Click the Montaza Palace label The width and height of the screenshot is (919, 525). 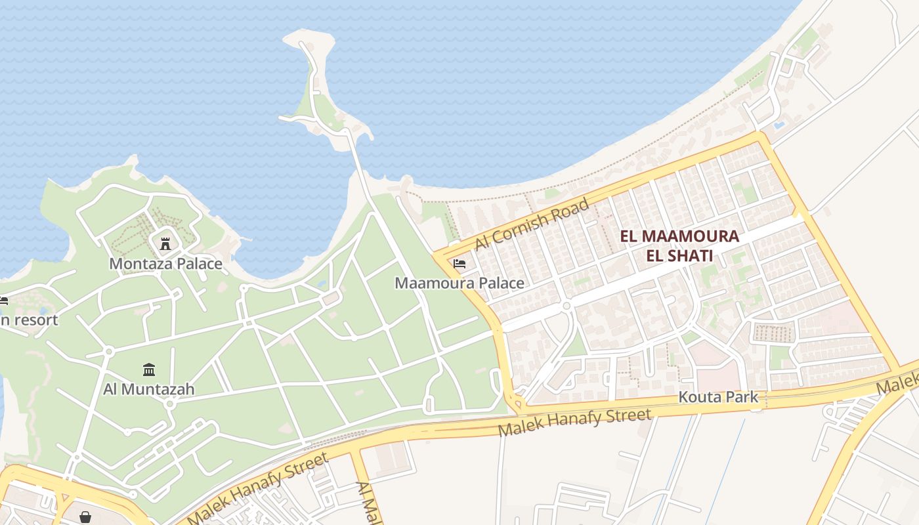coord(165,264)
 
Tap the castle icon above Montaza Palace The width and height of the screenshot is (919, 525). coord(165,243)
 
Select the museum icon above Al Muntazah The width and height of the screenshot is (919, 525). coord(149,370)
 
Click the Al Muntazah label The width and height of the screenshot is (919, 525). coord(149,389)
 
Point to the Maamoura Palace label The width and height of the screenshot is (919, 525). coord(459,283)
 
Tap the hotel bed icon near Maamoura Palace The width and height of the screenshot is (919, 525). coord(460,264)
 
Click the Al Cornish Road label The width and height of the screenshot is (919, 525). coord(532,224)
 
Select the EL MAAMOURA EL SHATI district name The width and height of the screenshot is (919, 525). coord(679,245)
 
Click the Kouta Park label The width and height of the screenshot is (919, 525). coord(718,397)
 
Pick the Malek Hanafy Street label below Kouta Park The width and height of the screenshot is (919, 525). coord(575,422)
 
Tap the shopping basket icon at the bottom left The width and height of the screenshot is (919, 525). coord(85,517)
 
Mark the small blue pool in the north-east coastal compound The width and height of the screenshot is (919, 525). coord(779,124)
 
